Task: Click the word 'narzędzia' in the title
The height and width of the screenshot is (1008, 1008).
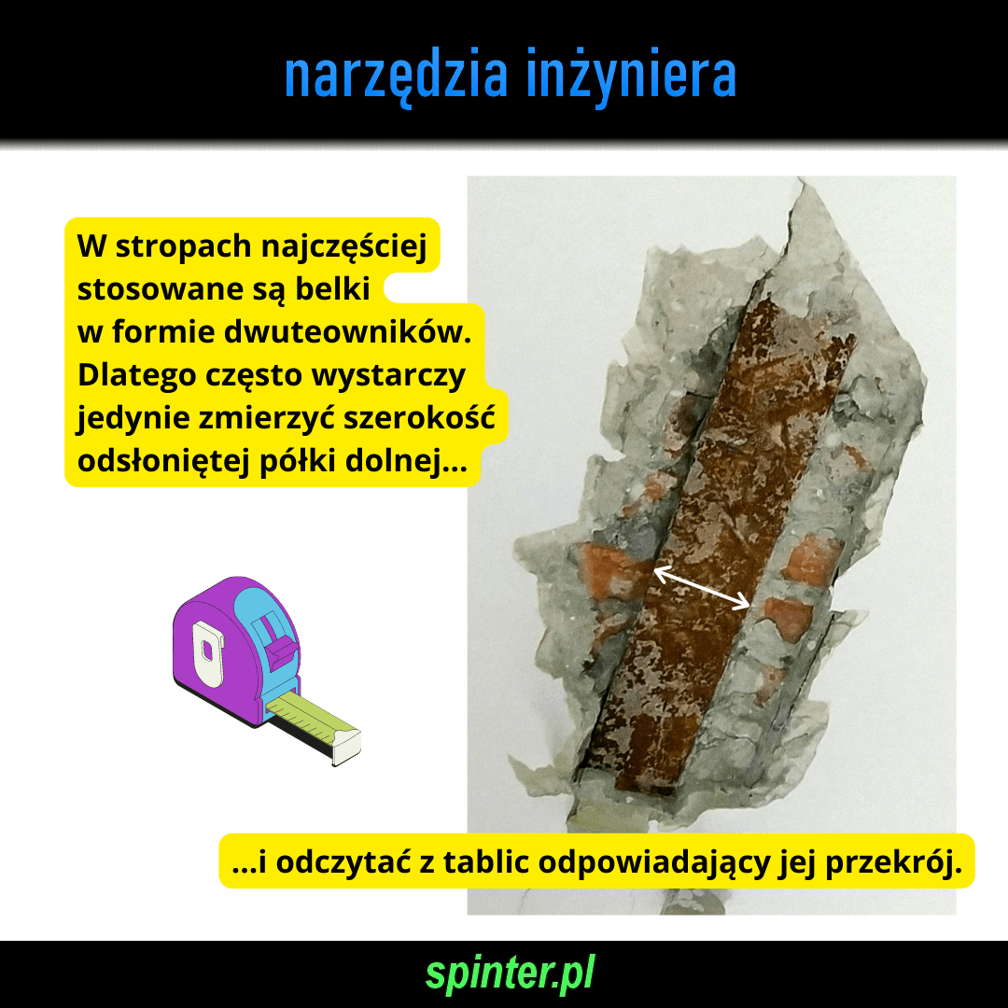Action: pos(397,76)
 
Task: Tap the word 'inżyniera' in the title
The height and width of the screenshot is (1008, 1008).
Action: pos(631,76)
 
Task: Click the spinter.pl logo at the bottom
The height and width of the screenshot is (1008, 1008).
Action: pos(510,973)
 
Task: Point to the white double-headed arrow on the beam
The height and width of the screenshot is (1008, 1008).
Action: pos(701,586)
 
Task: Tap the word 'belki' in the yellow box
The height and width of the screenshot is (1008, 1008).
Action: pos(332,288)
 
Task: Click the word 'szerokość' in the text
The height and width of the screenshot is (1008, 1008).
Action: pos(419,417)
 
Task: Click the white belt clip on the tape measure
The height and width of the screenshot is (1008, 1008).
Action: pos(208,653)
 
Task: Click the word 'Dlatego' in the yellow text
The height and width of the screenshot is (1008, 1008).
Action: pos(136,375)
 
